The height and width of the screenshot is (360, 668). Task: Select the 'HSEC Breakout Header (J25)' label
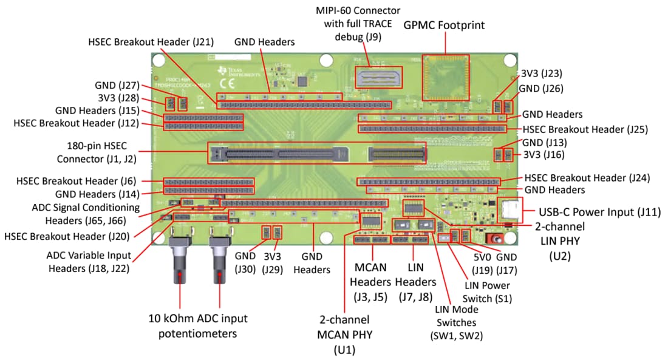[585, 129]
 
